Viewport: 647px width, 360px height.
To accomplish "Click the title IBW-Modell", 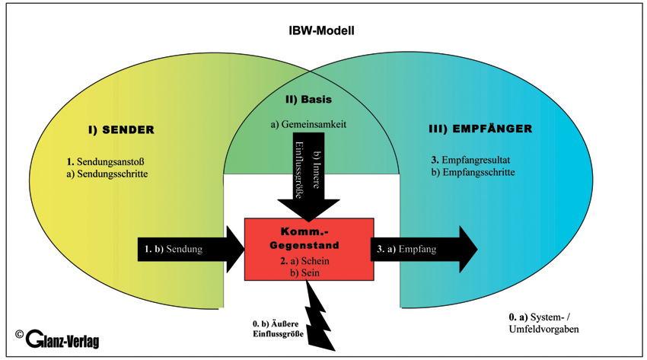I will [x=323, y=31].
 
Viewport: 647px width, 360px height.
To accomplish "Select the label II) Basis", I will [x=309, y=99].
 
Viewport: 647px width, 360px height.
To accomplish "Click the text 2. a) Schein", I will [x=308, y=261].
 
